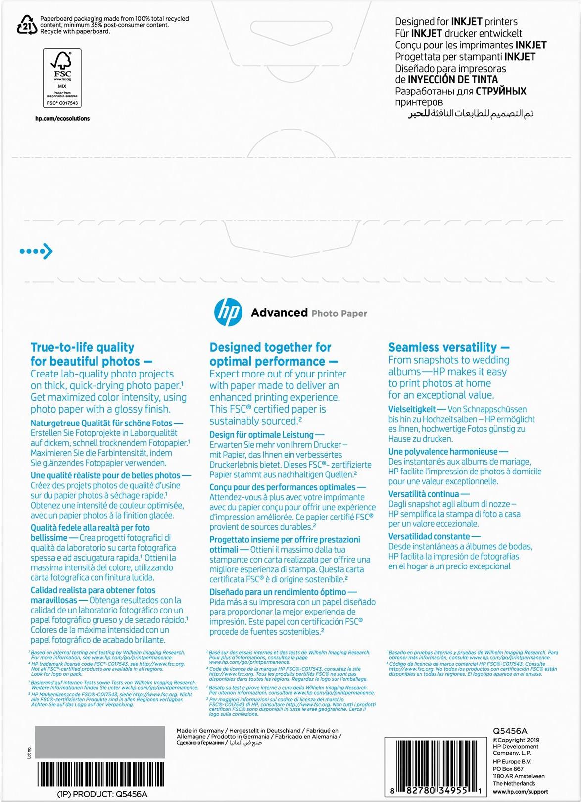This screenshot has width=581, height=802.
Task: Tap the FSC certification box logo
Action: point(62,78)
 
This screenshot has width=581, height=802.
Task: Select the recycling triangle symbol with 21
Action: point(27,25)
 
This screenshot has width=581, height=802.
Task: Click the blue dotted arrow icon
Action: point(36,251)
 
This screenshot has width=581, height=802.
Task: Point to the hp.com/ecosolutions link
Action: point(62,119)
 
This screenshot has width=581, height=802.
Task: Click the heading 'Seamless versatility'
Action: point(442,347)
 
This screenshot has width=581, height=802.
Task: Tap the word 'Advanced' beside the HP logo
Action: point(279,313)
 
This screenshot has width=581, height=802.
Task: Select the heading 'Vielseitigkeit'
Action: point(412,409)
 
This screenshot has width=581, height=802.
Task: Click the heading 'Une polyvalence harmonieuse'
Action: point(443,452)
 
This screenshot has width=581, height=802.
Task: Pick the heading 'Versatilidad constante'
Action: point(429,537)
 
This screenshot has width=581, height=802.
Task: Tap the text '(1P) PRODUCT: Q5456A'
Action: point(102,794)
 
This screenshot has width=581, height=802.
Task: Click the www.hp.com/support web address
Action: point(520,792)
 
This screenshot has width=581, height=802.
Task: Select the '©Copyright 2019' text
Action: point(516,740)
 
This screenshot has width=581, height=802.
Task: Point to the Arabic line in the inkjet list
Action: point(470,114)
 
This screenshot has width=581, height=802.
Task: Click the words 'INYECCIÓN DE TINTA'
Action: point(453,80)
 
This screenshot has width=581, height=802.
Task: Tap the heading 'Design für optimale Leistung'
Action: point(261,435)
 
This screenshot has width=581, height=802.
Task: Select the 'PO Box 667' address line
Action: point(508,769)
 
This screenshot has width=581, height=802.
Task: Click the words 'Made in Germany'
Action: point(200,731)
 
